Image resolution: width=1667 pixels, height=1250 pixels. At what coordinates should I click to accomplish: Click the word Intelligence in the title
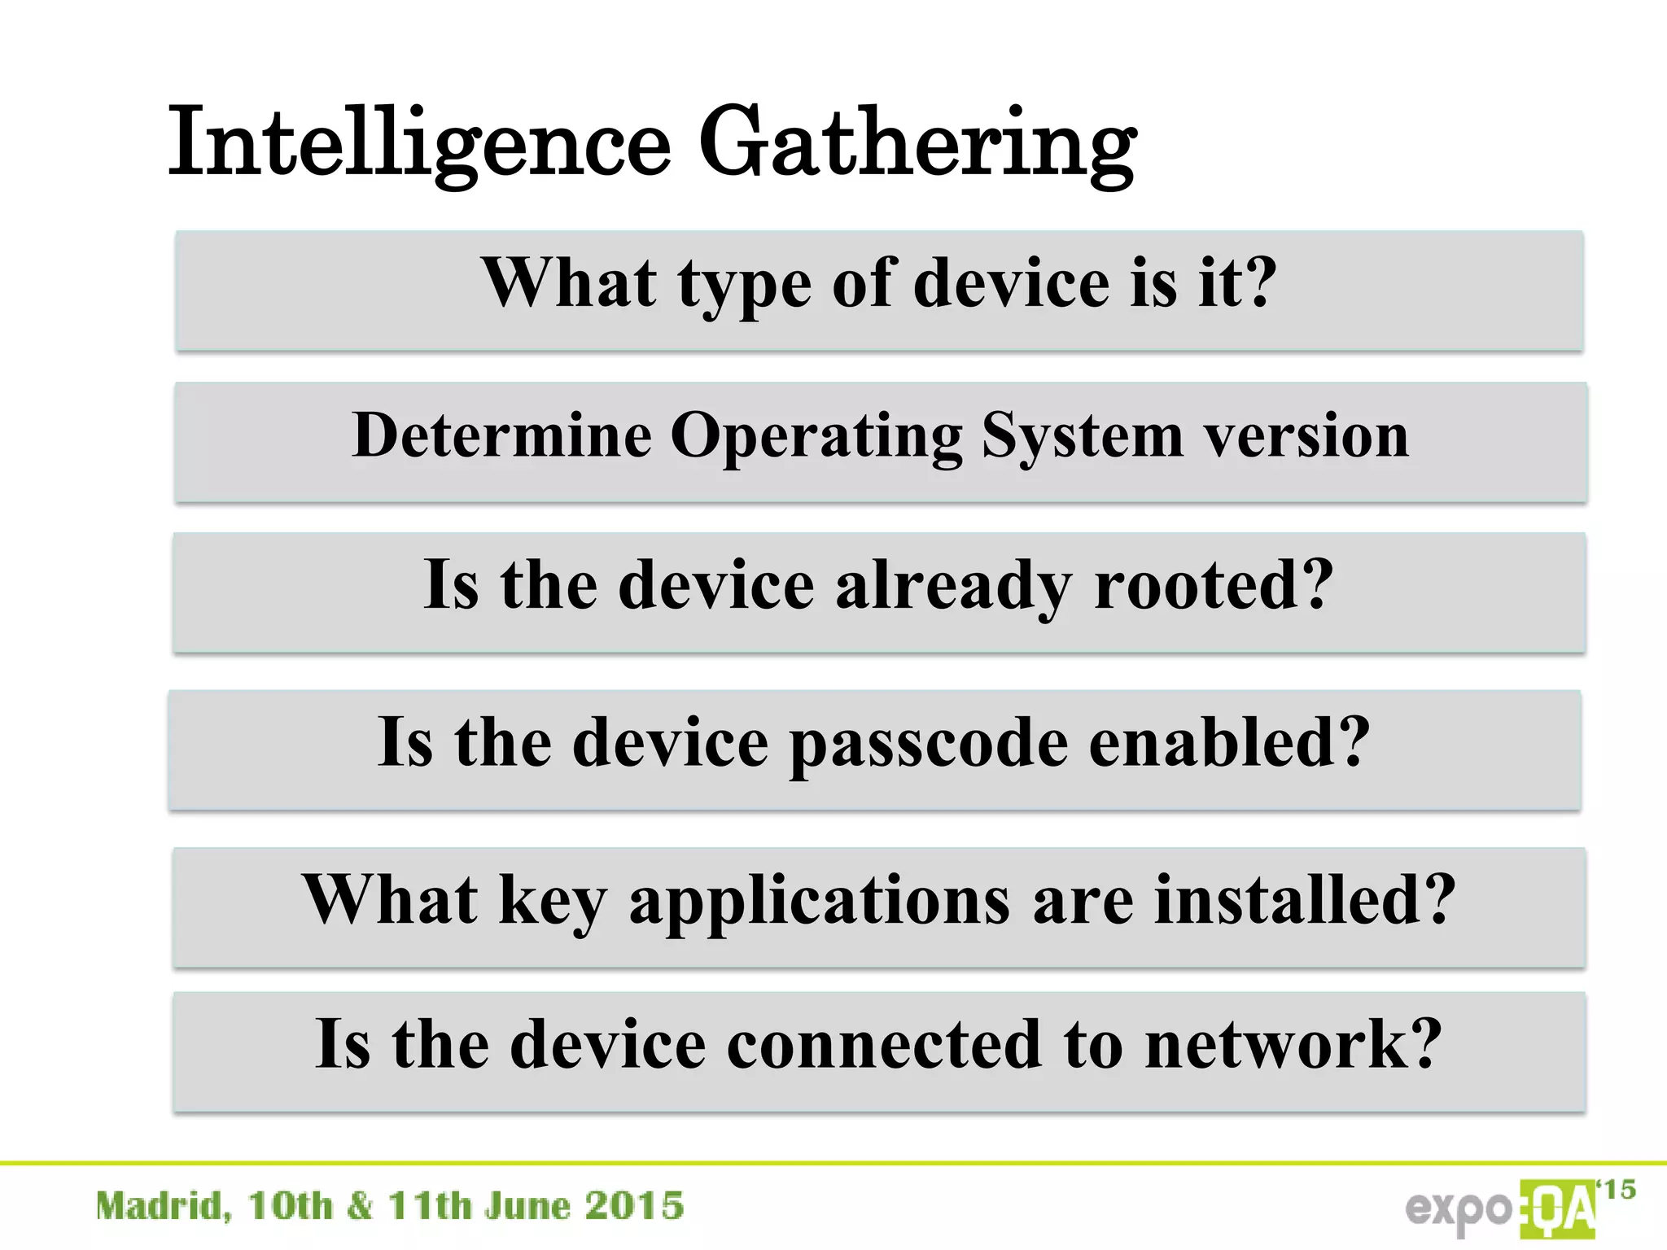(419, 142)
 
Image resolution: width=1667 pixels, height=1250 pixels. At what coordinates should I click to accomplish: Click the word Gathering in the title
(917, 145)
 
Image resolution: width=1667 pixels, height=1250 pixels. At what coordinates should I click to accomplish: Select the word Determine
(501, 435)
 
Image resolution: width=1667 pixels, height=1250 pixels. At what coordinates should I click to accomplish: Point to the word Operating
(816, 437)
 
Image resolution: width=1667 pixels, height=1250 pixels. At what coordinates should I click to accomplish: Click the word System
(1083, 437)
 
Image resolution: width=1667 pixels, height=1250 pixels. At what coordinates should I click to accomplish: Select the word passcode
(929, 745)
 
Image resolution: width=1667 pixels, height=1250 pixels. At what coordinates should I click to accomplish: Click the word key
(553, 902)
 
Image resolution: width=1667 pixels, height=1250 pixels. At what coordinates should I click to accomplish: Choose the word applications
(820, 902)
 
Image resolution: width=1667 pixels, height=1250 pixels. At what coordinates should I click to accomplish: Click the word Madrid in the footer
(163, 1206)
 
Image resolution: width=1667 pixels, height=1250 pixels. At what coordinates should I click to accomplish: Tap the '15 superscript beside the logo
(1617, 1190)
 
